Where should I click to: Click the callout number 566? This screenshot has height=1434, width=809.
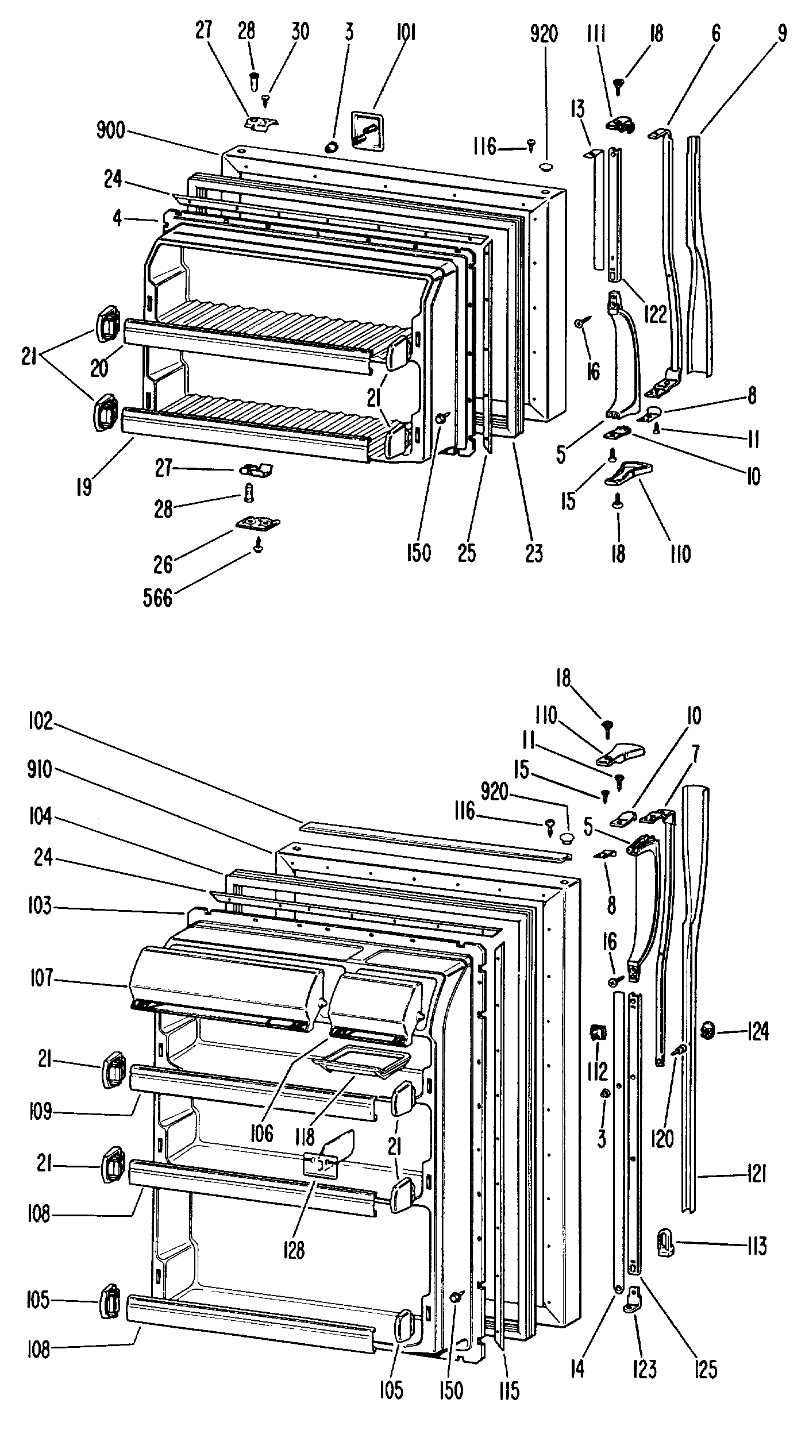157,597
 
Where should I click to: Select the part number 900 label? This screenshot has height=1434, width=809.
111,131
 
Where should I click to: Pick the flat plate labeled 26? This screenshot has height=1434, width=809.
258,524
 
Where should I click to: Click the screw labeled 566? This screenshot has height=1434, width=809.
258,545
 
